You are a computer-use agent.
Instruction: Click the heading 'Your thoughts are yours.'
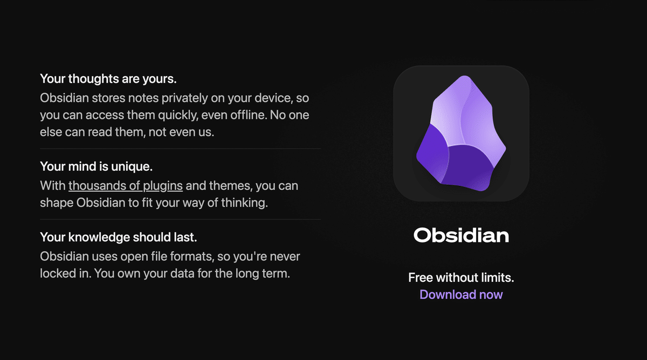point(108,79)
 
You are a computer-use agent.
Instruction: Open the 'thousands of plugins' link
point(126,186)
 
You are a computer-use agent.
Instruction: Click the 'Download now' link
point(461,294)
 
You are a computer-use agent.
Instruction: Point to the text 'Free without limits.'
point(461,278)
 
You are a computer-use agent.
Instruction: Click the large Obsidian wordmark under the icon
point(461,236)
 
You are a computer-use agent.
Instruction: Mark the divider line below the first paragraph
point(180,148)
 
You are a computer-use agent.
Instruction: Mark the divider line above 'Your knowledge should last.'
point(180,219)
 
